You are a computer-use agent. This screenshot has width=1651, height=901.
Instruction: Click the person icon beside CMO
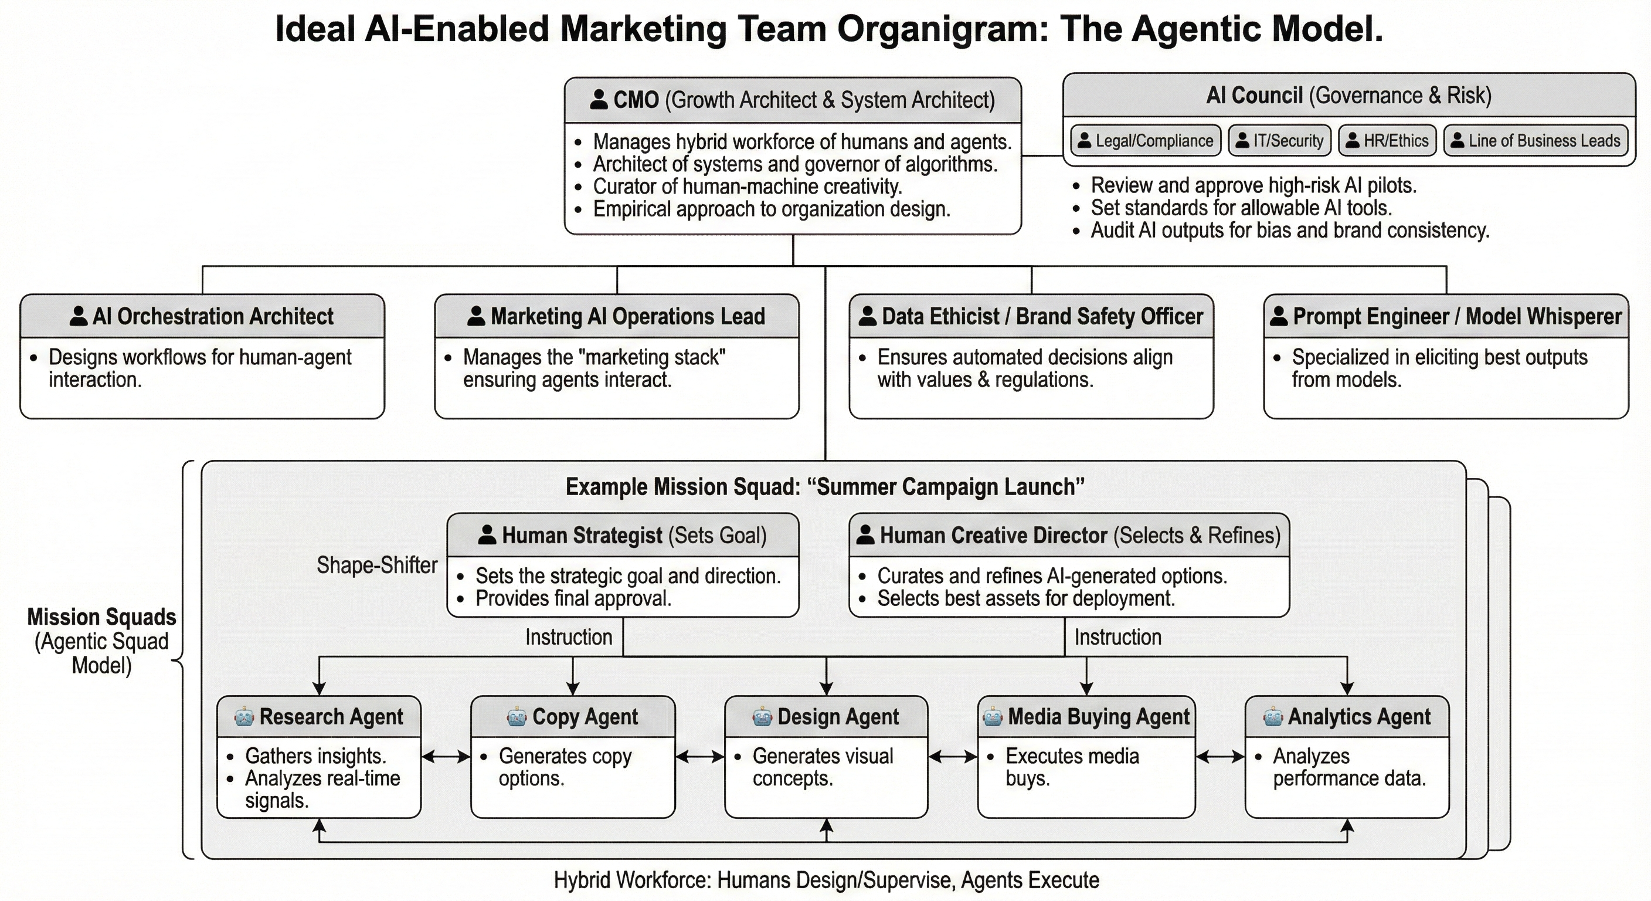pyautogui.click(x=599, y=99)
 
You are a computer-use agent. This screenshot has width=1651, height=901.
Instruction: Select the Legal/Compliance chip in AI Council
pyautogui.click(x=1145, y=140)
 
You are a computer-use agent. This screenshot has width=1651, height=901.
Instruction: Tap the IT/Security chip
pyautogui.click(x=1279, y=140)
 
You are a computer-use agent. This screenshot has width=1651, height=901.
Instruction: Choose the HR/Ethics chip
pyautogui.click(x=1387, y=140)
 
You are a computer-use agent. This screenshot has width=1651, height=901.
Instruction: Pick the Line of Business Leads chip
pyautogui.click(x=1535, y=140)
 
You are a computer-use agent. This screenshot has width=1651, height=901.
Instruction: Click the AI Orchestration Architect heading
pyautogui.click(x=202, y=316)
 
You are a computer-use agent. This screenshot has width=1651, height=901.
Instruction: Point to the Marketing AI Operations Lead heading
pyautogui.click(x=617, y=316)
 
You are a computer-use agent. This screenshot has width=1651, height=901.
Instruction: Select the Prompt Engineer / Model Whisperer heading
pyautogui.click(x=1446, y=316)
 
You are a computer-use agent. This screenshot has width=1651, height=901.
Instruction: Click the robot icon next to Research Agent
pyautogui.click(x=244, y=716)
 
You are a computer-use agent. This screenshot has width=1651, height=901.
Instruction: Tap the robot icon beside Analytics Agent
pyautogui.click(x=1273, y=716)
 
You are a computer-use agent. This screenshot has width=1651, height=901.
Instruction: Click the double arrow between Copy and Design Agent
pyautogui.click(x=700, y=757)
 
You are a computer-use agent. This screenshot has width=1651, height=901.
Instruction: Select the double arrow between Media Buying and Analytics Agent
pyautogui.click(x=1219, y=757)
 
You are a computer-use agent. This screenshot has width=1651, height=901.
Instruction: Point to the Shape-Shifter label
pyautogui.click(x=377, y=565)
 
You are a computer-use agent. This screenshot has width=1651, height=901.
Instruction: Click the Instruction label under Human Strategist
pyautogui.click(x=569, y=637)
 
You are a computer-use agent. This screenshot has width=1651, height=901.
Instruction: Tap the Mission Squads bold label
pyautogui.click(x=101, y=617)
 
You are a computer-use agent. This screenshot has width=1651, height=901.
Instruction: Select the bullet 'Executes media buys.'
pyautogui.click(x=1072, y=767)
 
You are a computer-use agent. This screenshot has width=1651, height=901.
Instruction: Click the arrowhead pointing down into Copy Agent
pyautogui.click(x=573, y=688)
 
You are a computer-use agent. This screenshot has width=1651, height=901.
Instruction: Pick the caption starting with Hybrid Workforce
pyautogui.click(x=826, y=880)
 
